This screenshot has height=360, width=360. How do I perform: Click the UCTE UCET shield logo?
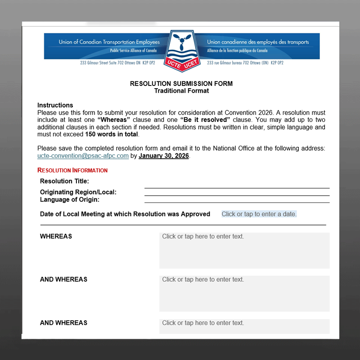click(x=182, y=48)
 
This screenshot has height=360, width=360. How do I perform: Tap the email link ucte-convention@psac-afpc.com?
click(x=83, y=156)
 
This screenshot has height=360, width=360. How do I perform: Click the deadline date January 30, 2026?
click(x=164, y=156)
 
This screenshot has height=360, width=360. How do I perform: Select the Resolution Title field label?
click(x=64, y=181)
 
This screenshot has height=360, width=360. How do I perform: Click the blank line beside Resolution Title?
click(x=237, y=185)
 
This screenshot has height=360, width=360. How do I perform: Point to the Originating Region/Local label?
click(x=78, y=192)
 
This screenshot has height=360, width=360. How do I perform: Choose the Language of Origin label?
click(x=70, y=199)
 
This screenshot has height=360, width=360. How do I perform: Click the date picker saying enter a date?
click(x=259, y=214)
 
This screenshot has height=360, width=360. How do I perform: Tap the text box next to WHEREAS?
click(x=244, y=250)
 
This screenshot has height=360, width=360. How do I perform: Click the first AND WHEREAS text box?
click(x=244, y=293)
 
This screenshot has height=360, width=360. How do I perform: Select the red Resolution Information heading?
click(x=72, y=171)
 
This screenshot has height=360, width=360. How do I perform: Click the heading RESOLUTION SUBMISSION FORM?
click(x=181, y=84)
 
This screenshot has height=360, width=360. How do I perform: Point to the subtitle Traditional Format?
click(x=181, y=90)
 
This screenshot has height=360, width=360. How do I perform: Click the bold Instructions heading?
click(x=55, y=105)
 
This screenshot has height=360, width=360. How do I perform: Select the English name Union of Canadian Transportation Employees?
click(x=109, y=42)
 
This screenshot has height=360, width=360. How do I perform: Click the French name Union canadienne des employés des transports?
click(x=258, y=42)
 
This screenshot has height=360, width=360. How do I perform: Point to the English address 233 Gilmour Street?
click(x=117, y=63)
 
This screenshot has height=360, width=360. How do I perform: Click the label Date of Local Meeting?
click(x=125, y=214)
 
